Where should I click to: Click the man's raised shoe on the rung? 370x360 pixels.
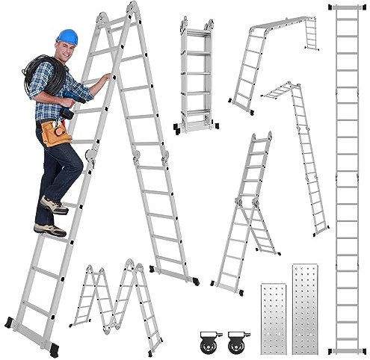click(54, 205)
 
